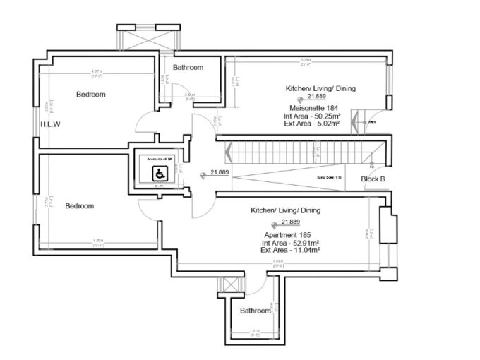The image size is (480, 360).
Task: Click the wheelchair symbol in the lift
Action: click(x=160, y=174)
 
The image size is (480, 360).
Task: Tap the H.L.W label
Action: click(x=51, y=125)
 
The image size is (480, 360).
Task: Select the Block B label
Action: click(x=373, y=179)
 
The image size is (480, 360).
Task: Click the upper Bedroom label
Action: click(x=90, y=94)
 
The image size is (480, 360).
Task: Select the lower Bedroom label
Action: click(x=80, y=206)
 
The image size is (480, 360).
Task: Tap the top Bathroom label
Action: click(x=188, y=68)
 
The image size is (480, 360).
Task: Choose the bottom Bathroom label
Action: click(x=254, y=311)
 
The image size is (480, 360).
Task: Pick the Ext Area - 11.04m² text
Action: click(x=290, y=250)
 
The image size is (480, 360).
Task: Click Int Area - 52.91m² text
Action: click(x=289, y=242)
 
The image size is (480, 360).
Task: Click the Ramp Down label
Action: click(x=329, y=177)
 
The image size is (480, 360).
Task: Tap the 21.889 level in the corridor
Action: click(x=217, y=172)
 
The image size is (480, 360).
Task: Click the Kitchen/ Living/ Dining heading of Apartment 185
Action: click(x=285, y=210)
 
